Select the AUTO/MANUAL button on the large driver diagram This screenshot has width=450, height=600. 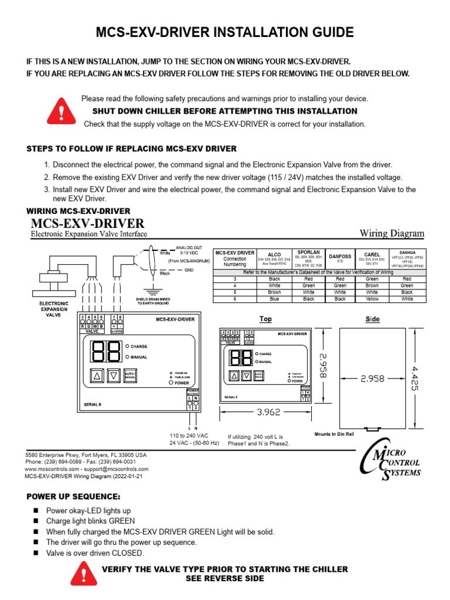click(x=131, y=376)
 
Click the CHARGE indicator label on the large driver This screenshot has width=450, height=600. click(x=139, y=347)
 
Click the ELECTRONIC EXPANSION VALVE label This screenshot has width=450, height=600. click(x=53, y=309)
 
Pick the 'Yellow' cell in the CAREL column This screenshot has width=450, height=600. click(x=372, y=298)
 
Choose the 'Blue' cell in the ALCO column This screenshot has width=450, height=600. click(x=274, y=298)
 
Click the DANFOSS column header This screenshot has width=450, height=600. click(x=340, y=256)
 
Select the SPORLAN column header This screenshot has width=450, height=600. click(x=308, y=252)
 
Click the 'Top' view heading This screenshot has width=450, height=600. click(x=265, y=319)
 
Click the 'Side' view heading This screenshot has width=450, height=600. click(x=372, y=319)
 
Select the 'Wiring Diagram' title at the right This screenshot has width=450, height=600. click(x=391, y=233)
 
